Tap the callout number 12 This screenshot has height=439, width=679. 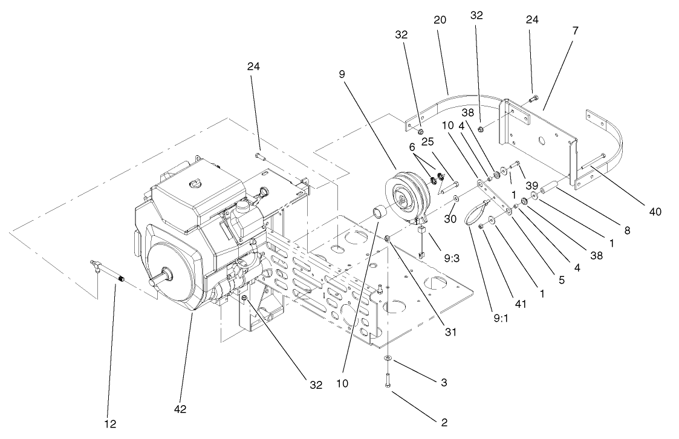coord(110,423)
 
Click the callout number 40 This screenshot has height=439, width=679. coord(654,212)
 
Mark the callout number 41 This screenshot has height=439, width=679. coord(519,304)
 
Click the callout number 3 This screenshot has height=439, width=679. coord(444,382)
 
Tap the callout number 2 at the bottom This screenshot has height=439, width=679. coord(444,422)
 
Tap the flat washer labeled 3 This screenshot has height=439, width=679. coord(387,360)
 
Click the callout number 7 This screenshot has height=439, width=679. coord(575,30)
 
